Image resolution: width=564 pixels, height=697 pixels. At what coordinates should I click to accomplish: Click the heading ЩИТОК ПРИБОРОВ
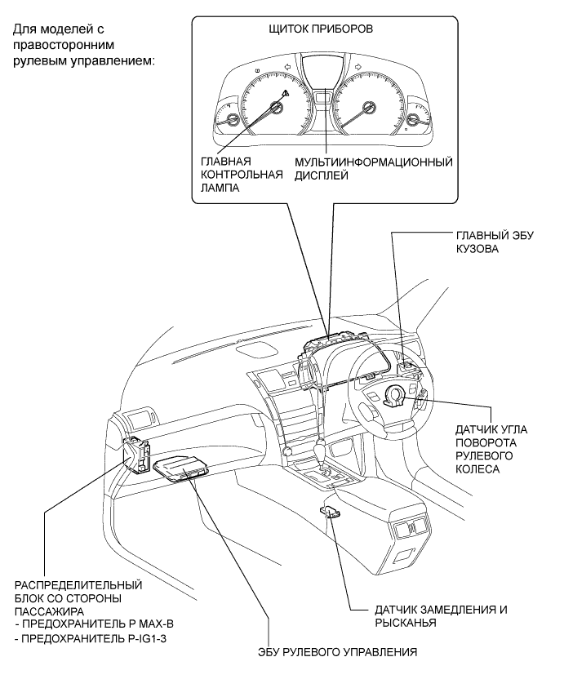(x=321, y=29)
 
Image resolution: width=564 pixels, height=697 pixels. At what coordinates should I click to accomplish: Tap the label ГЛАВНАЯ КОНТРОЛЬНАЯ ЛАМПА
(x=242, y=175)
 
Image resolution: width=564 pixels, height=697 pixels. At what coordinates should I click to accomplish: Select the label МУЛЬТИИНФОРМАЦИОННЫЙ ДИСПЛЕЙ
(x=373, y=168)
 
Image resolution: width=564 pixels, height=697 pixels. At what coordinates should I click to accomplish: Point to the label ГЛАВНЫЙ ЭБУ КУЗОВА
(x=495, y=242)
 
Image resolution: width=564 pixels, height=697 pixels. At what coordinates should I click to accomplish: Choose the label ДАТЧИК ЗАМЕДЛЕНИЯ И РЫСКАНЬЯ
(x=441, y=615)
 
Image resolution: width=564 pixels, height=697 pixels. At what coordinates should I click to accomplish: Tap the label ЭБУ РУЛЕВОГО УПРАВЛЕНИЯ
(x=337, y=652)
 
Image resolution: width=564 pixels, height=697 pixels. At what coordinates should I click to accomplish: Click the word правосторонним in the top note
(x=64, y=45)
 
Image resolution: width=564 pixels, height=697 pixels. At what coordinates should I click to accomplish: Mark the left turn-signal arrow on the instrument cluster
(x=287, y=67)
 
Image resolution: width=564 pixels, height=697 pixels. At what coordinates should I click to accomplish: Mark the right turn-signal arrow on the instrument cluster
(x=357, y=67)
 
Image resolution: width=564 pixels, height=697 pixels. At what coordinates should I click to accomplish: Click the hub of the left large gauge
(x=277, y=108)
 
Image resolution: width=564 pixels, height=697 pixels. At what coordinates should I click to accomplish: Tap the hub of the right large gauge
(x=368, y=108)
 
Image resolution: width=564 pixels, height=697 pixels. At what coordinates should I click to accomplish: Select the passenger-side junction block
(x=136, y=455)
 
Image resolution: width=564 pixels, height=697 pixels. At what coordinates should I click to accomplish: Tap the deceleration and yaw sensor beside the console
(x=331, y=512)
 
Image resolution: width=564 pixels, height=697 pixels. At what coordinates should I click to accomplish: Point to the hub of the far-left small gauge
(x=232, y=120)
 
